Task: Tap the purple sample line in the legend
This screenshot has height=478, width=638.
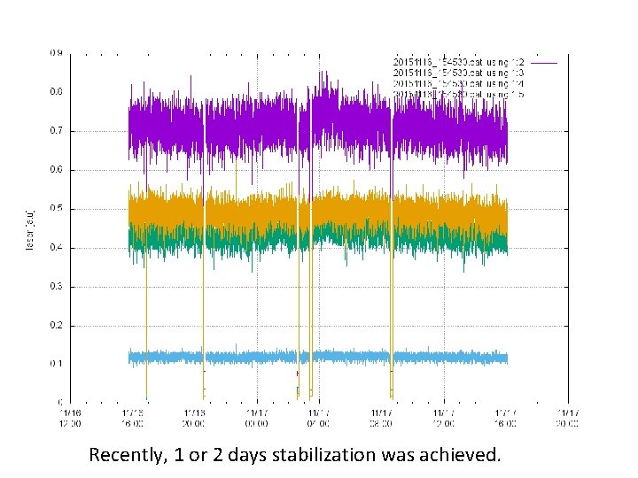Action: pyautogui.click(x=543, y=62)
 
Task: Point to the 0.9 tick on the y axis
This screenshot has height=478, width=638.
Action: pyautogui.click(x=56, y=53)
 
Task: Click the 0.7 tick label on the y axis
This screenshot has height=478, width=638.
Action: pyautogui.click(x=56, y=131)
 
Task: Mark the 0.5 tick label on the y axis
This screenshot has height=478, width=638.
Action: pyautogui.click(x=56, y=209)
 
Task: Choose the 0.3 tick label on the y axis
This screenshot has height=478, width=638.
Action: pyautogui.click(x=56, y=286)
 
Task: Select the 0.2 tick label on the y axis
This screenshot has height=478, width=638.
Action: pyautogui.click(x=56, y=325)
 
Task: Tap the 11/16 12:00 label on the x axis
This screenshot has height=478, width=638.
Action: pyautogui.click(x=70, y=417)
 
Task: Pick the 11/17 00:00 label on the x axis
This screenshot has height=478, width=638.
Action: pyautogui.click(x=256, y=417)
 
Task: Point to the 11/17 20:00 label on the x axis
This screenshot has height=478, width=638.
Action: pyautogui.click(x=568, y=417)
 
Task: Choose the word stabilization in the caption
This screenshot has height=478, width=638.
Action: pyautogui.click(x=323, y=456)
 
